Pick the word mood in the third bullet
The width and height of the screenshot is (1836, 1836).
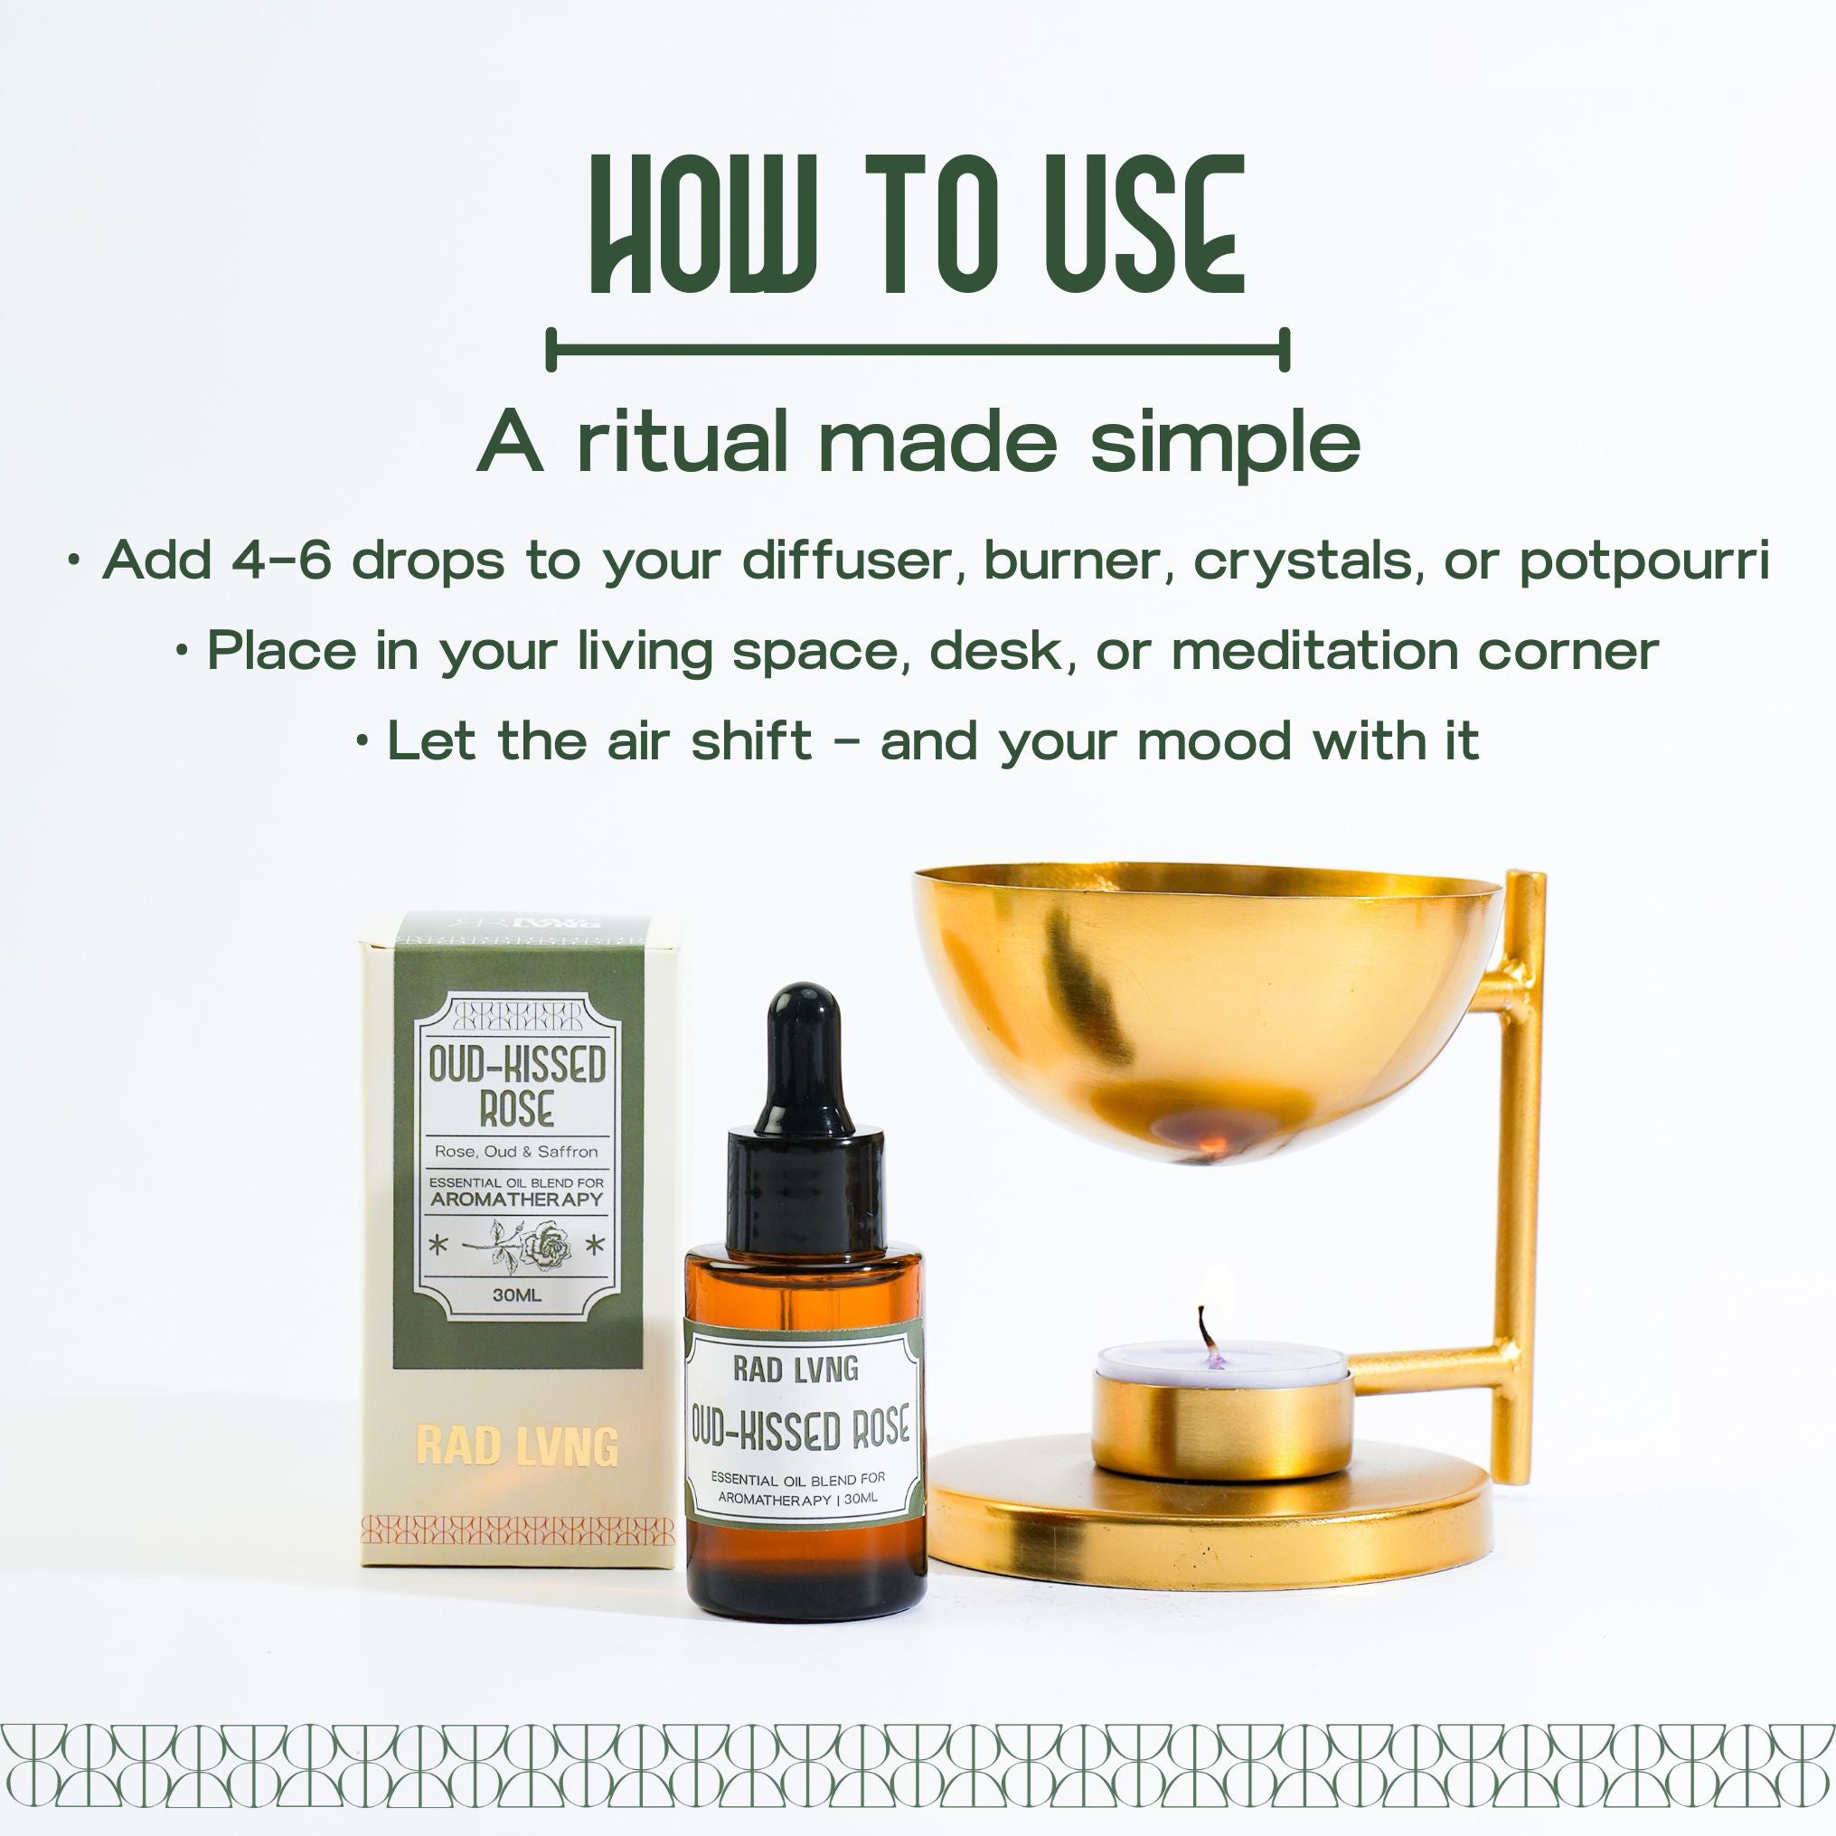coord(1204,741)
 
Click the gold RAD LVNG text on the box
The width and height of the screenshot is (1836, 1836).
coord(517,1445)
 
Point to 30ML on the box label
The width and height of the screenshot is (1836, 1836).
coord(517,1295)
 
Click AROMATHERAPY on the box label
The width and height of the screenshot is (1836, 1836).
coord(517,1199)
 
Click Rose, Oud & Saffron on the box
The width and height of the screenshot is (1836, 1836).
coord(517,1152)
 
